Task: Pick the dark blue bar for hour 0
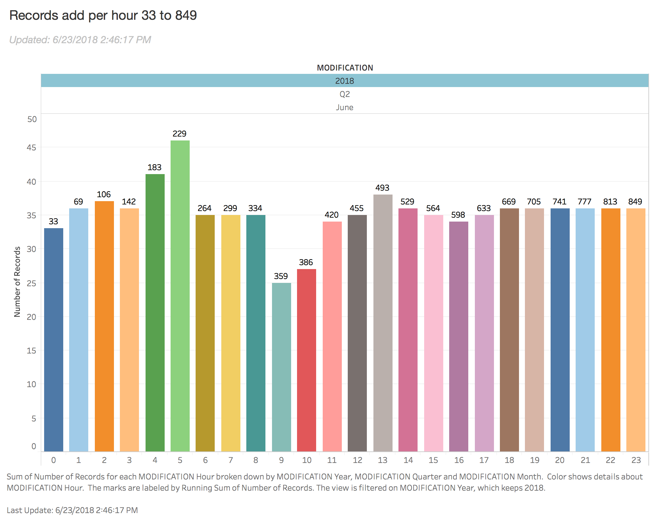53,340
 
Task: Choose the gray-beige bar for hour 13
383,323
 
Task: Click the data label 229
179,134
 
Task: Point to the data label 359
281,276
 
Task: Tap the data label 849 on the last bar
635,201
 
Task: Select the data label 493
382,188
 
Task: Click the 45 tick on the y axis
32,147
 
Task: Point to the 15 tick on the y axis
32,351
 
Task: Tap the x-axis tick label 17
484,460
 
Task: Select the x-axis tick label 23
636,460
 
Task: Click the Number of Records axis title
17,282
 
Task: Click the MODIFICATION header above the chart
345,68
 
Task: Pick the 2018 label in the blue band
344,81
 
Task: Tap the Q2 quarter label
344,94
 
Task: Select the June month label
344,107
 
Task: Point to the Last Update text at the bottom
72,510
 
